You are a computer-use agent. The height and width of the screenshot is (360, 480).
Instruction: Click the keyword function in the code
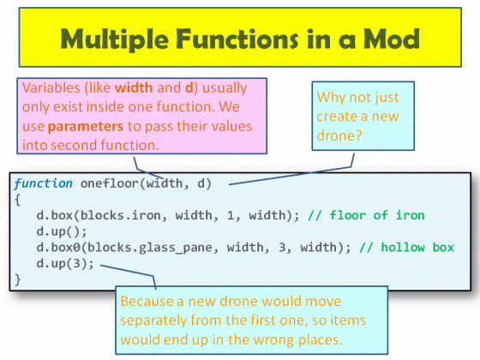click(x=43, y=183)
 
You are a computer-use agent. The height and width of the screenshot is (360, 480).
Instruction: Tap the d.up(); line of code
click(x=60, y=232)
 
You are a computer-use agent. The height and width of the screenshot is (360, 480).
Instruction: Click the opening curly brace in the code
click(x=17, y=199)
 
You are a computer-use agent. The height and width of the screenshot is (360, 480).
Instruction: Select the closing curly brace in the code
click(x=17, y=279)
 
